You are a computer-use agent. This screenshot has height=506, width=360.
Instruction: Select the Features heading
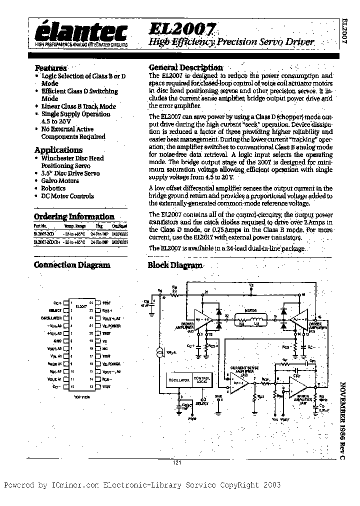tap(50, 68)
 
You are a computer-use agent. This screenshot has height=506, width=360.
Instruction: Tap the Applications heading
tap(58, 150)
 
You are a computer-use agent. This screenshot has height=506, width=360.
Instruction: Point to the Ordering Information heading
tap(74, 216)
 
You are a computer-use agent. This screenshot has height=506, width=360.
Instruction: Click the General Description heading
tap(186, 67)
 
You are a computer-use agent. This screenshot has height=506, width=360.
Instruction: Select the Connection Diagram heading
tap(72, 265)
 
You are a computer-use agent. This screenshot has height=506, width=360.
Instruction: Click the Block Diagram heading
tap(175, 265)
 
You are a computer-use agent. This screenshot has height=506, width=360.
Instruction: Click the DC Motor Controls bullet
tap(67, 196)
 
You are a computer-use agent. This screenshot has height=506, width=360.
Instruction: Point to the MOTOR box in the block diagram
tap(250, 316)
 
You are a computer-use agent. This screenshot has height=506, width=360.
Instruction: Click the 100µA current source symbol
tap(159, 354)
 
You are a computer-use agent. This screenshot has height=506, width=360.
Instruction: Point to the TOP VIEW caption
tap(82, 396)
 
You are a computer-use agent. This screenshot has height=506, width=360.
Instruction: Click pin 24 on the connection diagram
tap(91, 303)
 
